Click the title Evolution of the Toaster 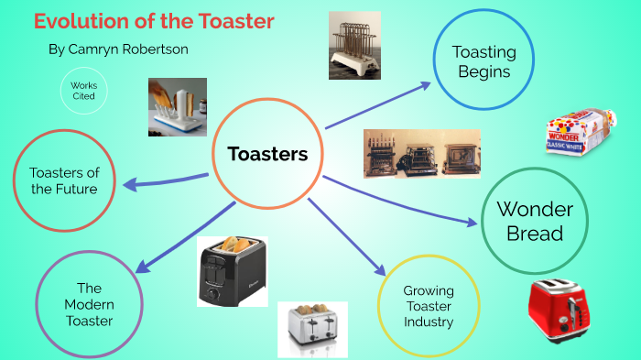(154, 21)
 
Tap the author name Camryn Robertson (118, 49)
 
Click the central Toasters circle (266, 155)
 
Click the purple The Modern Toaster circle (88, 303)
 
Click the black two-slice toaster (233, 270)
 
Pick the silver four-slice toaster (313, 328)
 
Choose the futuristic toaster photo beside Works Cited (177, 106)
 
